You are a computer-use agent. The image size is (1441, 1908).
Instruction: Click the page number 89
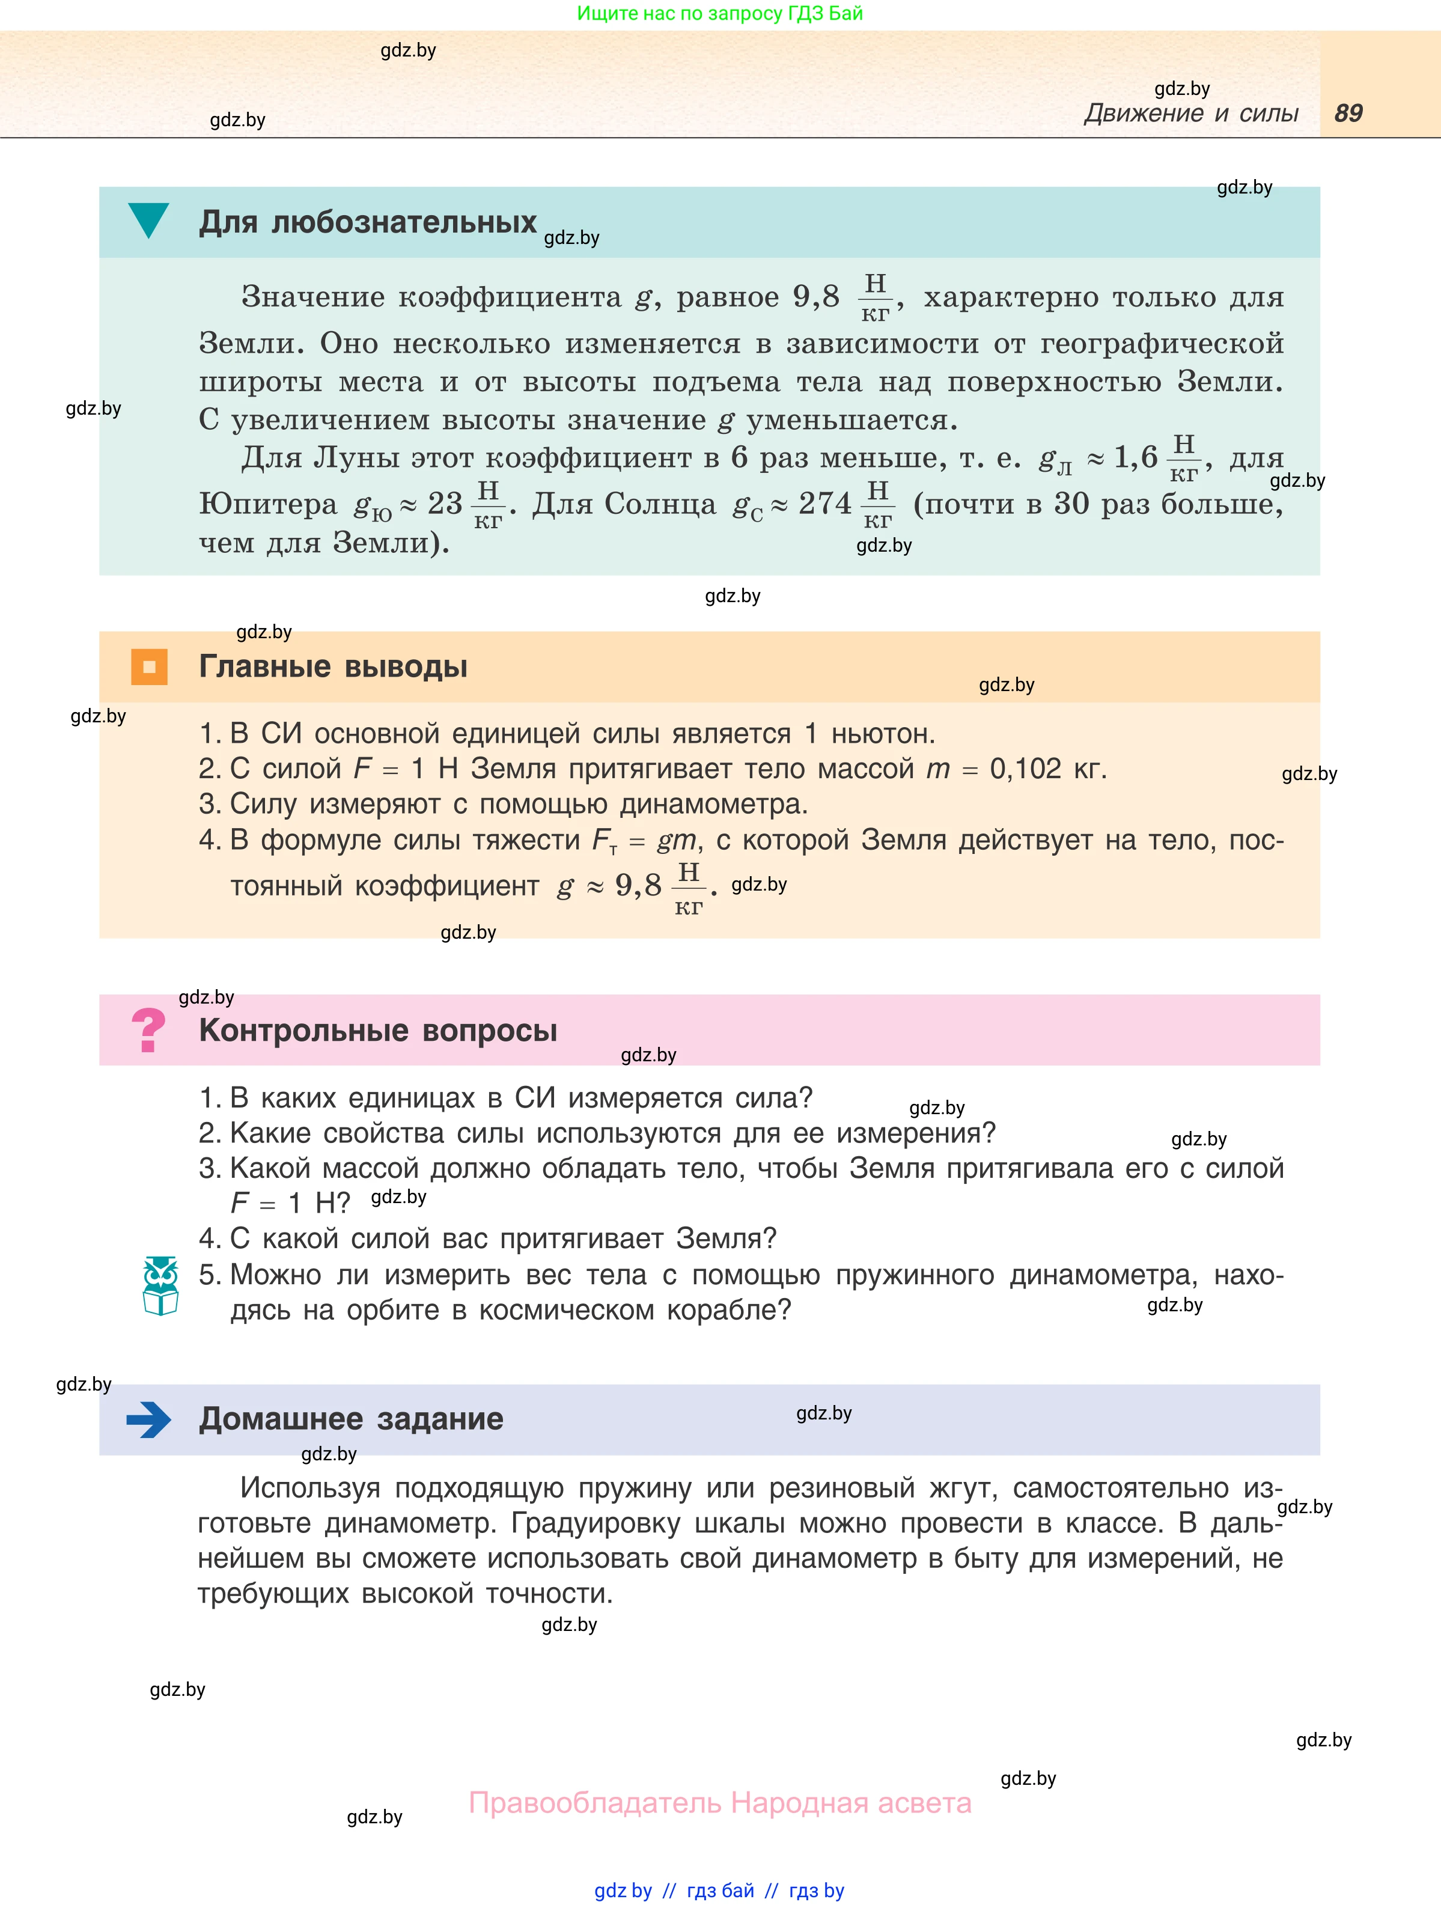[x=1348, y=113]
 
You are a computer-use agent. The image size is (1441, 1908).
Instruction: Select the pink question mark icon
[x=148, y=1030]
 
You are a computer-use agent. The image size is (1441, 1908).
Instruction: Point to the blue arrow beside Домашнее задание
[x=148, y=1419]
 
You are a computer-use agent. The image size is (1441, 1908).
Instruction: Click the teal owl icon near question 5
[x=160, y=1285]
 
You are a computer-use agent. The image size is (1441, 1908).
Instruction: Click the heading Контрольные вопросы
[x=378, y=1031]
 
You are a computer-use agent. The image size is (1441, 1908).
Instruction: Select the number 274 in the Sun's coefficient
[x=824, y=504]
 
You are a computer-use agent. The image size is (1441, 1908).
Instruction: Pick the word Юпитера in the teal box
[x=268, y=504]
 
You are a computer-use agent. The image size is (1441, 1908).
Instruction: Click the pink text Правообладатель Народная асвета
[x=719, y=1803]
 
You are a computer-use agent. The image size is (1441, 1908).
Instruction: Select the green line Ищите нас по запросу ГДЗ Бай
[x=719, y=13]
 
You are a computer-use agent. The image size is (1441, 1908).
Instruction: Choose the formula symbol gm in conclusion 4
[x=676, y=840]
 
